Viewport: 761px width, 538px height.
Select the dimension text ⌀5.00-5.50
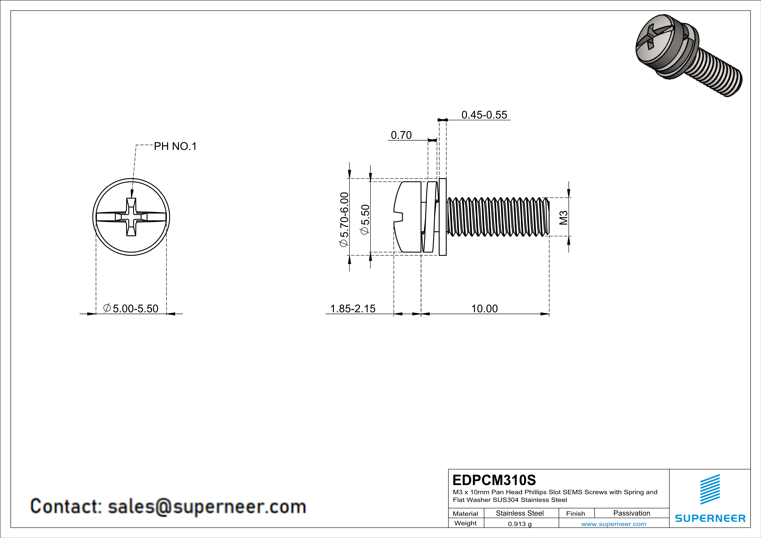click(x=131, y=308)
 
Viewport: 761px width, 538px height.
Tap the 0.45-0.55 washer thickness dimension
click(x=484, y=115)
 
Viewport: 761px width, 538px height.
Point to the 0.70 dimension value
click(x=401, y=135)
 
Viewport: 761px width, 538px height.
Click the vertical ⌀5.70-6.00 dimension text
click(x=344, y=219)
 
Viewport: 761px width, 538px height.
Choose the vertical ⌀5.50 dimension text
click(x=365, y=219)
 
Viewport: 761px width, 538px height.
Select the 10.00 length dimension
click(x=484, y=308)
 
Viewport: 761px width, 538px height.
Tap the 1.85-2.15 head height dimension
click(x=353, y=308)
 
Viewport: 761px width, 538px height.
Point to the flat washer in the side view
click(x=442, y=217)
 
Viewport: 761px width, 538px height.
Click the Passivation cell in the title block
click(x=631, y=513)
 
